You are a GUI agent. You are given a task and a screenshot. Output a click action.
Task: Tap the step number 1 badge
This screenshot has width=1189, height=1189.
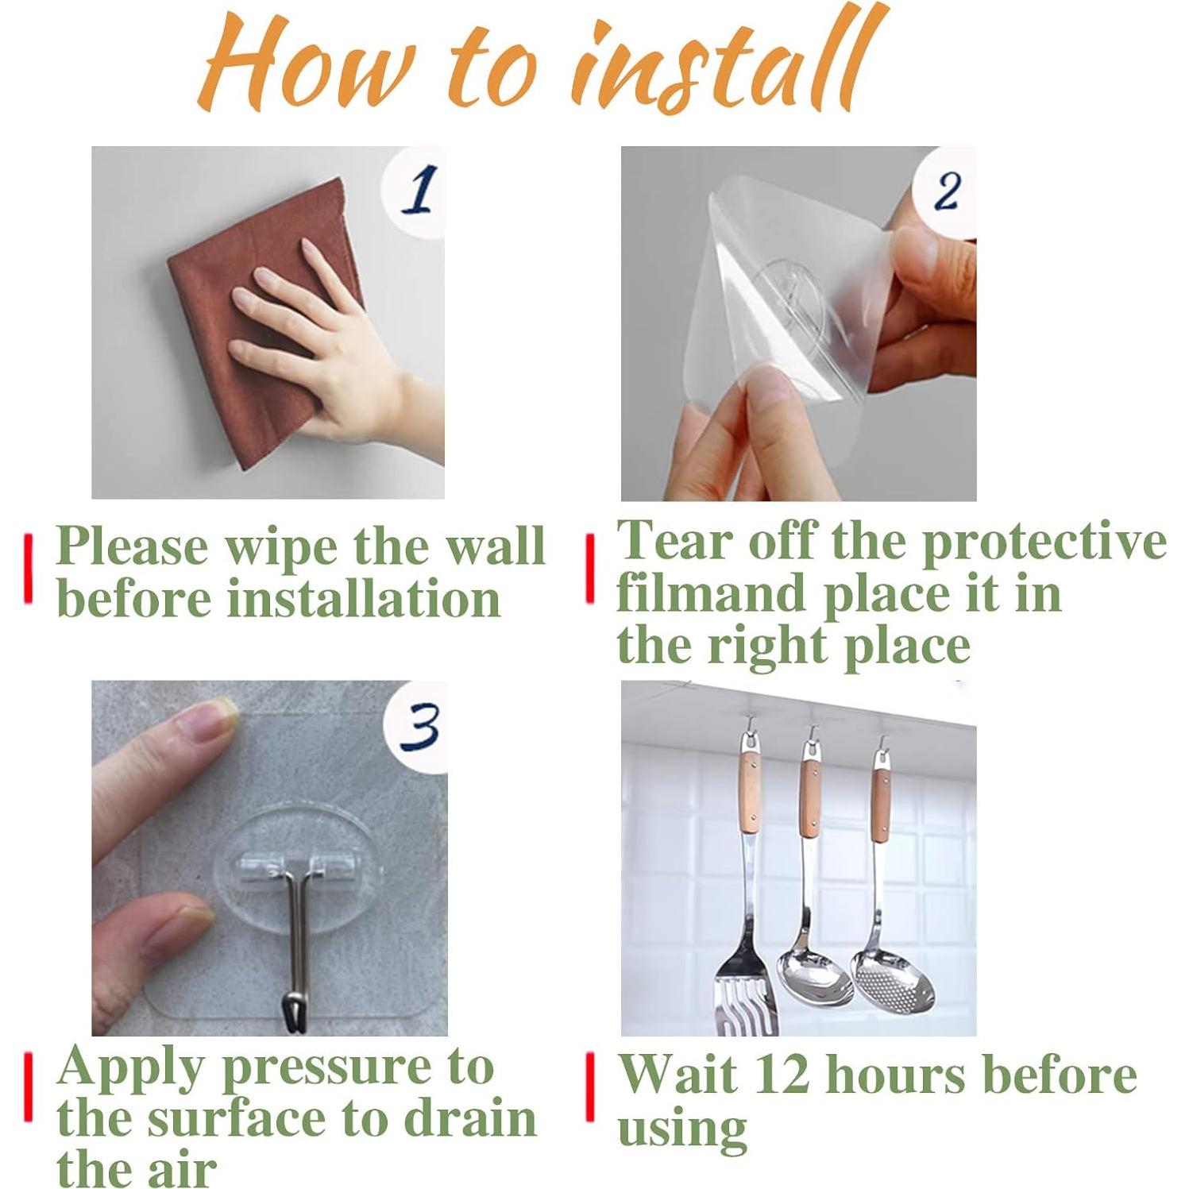(x=415, y=191)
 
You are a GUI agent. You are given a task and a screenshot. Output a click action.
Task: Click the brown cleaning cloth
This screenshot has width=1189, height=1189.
(x=262, y=326)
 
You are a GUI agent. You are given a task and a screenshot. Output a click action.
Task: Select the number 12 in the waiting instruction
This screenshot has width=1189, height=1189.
(x=782, y=1074)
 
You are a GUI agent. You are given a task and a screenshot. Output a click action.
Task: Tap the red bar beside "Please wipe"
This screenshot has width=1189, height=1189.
(x=29, y=569)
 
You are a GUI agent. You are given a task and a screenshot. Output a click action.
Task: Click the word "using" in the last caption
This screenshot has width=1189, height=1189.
(x=682, y=1129)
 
